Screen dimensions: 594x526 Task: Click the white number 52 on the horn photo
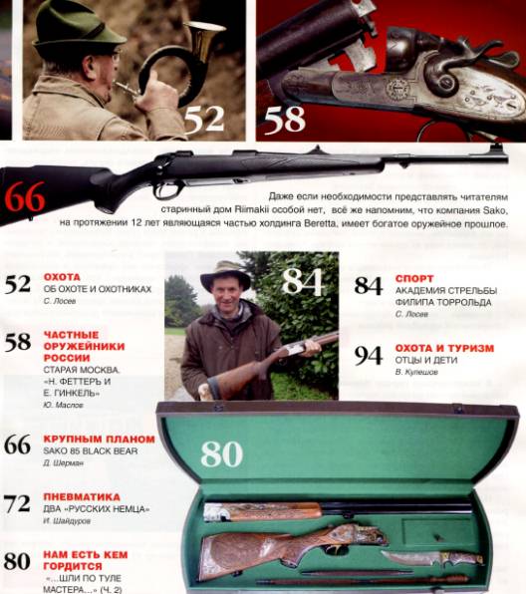(x=203, y=119)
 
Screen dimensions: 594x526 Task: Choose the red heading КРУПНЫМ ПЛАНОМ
(x=99, y=439)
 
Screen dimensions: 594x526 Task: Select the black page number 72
(x=17, y=503)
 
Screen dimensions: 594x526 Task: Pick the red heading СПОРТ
(x=413, y=278)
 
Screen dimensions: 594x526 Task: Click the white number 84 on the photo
(x=303, y=282)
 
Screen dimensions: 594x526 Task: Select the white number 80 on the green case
(x=221, y=453)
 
